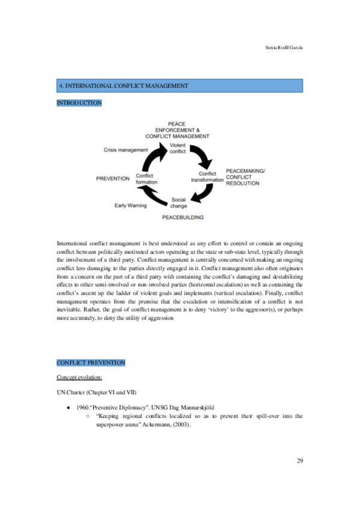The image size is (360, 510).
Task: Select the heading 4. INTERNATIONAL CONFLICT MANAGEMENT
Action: (123, 86)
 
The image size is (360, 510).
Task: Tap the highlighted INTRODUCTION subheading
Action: (79, 103)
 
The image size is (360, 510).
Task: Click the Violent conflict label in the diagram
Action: (177, 148)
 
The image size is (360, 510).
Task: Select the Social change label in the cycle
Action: (179, 203)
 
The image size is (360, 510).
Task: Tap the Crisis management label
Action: (125, 150)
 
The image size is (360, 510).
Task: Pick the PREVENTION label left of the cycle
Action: (113, 178)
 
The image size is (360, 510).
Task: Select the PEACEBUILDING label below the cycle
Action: (183, 217)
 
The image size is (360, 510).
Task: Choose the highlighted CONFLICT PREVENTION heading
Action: (91, 363)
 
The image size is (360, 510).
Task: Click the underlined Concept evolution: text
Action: (79, 377)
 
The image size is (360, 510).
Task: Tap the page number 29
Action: (300, 461)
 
